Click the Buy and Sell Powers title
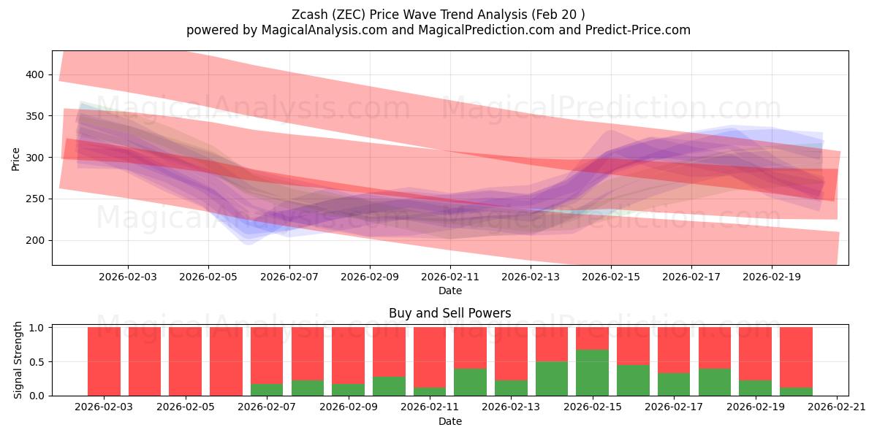449,313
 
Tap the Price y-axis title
16,158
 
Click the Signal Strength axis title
18,360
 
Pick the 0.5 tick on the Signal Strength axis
37,361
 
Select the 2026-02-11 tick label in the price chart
449,277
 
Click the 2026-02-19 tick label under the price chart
772,277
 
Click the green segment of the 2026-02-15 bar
592,372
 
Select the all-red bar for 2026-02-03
104,361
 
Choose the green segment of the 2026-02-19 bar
755,388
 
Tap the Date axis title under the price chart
449,291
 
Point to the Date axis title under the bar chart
449,421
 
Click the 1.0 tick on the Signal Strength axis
37,328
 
